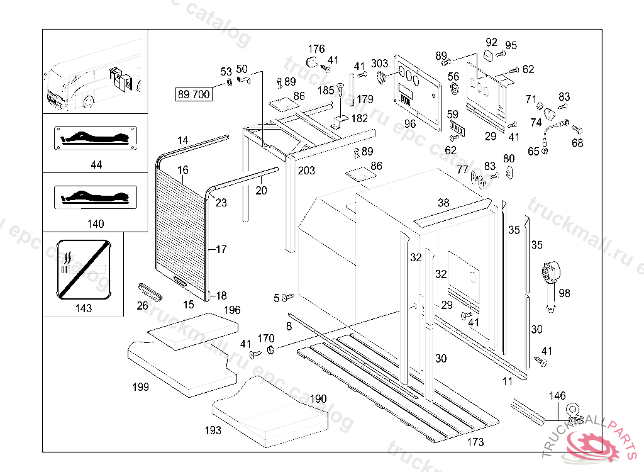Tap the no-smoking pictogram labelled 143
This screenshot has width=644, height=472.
83,267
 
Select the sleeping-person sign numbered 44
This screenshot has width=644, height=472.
96,137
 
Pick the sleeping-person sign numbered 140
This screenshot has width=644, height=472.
96,196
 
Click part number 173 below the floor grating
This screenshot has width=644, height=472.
476,442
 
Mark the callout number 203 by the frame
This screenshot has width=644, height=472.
306,171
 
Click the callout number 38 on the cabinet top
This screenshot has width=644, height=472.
444,203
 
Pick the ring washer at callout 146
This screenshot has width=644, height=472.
573,408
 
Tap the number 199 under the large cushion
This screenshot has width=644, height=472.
141,386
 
